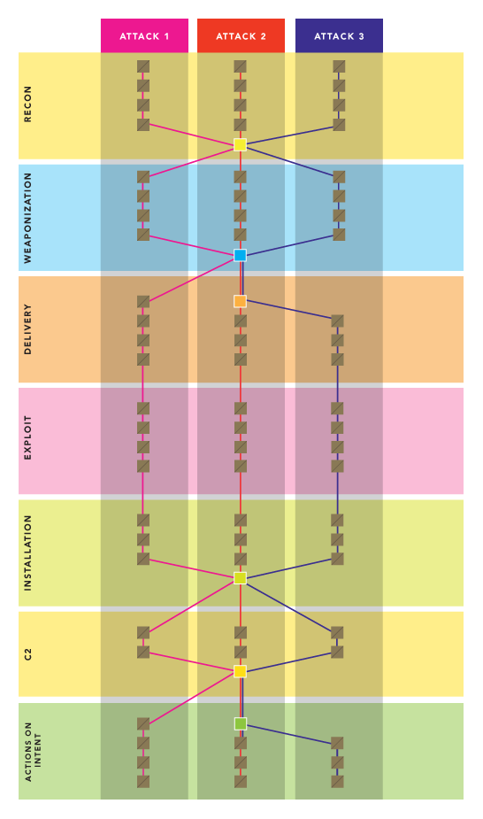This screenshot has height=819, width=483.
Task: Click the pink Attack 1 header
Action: pos(144,35)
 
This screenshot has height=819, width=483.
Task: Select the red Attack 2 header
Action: pos(241,35)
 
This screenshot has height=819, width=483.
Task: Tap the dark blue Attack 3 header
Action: pos(339,35)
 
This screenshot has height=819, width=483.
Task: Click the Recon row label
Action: pos(27,104)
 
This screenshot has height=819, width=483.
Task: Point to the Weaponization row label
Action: pos(27,218)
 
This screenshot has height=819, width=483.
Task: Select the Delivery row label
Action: pos(27,329)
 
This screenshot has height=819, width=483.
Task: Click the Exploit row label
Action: pos(27,437)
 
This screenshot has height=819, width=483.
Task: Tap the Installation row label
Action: pos(27,553)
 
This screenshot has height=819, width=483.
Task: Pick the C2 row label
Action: pos(27,654)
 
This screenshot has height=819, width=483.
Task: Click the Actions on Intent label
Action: pos(33,752)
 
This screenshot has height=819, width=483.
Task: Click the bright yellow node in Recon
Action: pos(240,144)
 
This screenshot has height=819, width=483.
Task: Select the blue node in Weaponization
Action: pos(240,255)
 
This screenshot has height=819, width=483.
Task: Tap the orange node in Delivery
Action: pos(240,301)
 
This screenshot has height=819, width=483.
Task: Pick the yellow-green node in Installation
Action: pos(240,578)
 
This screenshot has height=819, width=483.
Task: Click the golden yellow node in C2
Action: pos(240,671)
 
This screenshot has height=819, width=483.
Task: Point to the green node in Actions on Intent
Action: pos(240,724)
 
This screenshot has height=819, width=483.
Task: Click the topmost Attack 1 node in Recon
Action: pos(143,66)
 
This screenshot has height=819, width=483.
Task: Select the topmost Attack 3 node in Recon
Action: pos(339,66)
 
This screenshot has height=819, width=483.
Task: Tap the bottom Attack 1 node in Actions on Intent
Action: pos(143,782)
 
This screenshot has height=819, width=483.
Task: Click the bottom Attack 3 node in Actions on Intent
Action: pos(337,782)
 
